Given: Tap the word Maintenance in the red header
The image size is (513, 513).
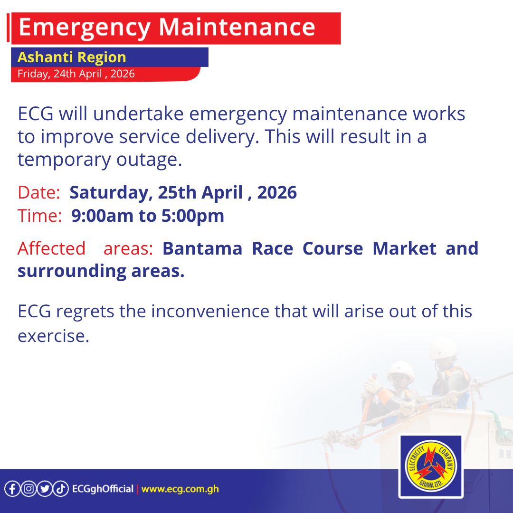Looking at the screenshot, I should [x=236, y=28].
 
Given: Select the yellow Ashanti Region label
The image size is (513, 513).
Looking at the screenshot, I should [x=72, y=57].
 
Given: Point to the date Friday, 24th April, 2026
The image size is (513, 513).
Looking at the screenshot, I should [x=76, y=74].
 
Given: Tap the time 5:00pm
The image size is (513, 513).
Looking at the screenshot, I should [x=193, y=216].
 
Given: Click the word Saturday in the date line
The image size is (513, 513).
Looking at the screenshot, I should [x=109, y=193].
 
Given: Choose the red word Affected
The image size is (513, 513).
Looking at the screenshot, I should [x=51, y=248].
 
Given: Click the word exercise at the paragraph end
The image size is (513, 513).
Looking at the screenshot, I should [x=53, y=336].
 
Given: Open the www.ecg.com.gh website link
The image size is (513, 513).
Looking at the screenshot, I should [x=180, y=489].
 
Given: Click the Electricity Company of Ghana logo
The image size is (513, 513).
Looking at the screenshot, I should [x=430, y=466].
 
